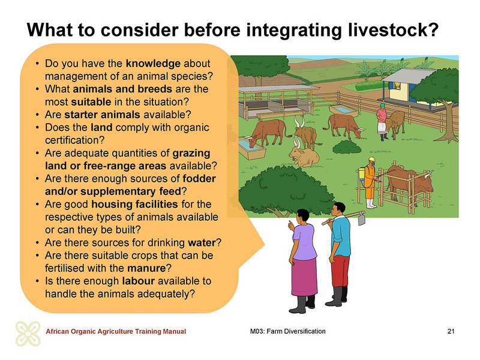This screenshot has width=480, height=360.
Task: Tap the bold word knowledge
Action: [153, 64]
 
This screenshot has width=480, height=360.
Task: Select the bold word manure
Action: [146, 268]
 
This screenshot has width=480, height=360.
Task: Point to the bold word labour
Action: [138, 281]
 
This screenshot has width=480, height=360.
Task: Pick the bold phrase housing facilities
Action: [134, 204]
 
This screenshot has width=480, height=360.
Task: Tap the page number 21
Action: [451, 331]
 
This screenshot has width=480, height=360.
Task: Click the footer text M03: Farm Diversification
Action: [288, 331]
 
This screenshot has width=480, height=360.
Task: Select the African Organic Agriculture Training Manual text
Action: [116, 331]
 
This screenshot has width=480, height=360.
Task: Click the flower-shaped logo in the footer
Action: [28, 334]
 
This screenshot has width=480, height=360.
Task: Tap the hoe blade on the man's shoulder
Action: [362, 219]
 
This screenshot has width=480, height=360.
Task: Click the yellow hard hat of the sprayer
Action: [372, 160]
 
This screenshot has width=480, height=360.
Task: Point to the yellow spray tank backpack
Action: [362, 173]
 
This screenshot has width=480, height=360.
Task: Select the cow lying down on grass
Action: [304, 155]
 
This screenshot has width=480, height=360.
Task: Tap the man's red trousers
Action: [340, 271]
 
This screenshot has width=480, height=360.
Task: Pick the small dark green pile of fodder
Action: [347, 147]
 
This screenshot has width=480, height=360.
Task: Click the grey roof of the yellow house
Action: [409, 76]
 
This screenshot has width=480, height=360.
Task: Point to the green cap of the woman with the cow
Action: [382, 104]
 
